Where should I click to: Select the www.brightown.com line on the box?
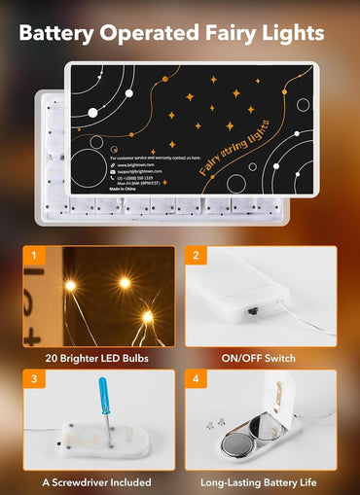coord(136,166)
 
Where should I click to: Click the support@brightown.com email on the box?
coord(140,173)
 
